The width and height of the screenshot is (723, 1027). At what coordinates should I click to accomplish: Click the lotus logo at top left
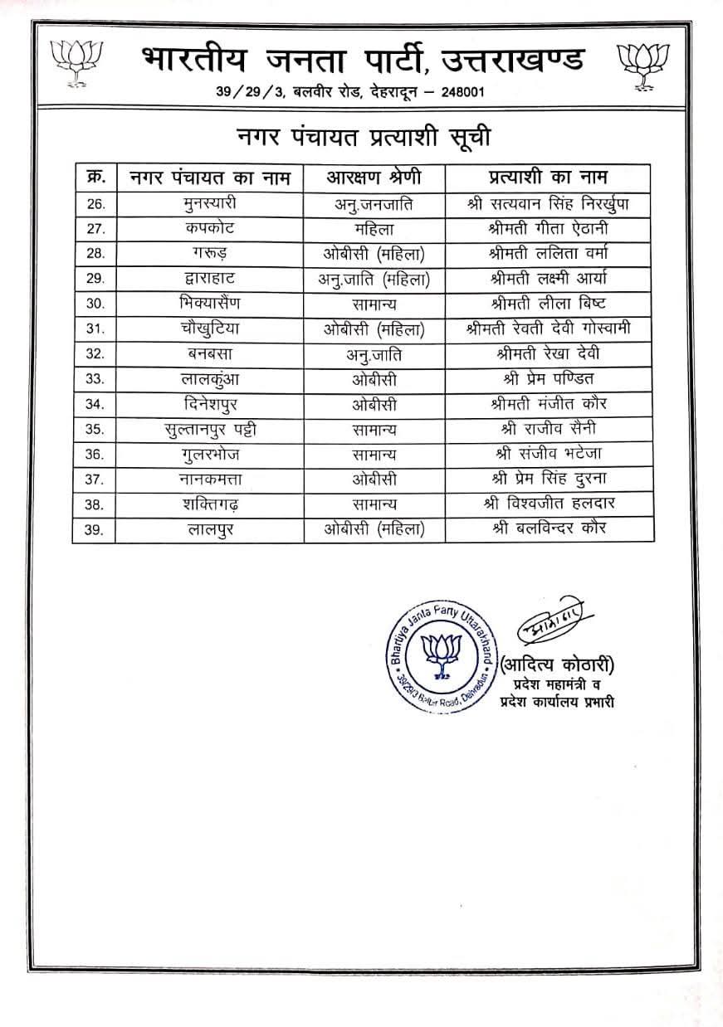(x=76, y=61)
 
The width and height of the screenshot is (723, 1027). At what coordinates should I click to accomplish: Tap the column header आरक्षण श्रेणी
(x=374, y=178)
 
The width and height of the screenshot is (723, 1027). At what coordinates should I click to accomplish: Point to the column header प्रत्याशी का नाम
(x=546, y=178)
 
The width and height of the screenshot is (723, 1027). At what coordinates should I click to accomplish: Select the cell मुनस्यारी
(x=209, y=203)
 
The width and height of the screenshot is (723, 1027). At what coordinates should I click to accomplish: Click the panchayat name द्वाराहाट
(x=209, y=279)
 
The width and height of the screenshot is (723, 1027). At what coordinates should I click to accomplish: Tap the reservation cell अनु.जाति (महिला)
(x=374, y=280)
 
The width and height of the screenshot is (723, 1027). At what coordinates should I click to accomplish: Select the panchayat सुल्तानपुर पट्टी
(x=209, y=430)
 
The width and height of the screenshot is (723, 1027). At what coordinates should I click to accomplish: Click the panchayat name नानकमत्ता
(x=209, y=479)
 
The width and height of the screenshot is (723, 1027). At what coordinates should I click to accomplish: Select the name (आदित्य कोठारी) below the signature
(x=558, y=664)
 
